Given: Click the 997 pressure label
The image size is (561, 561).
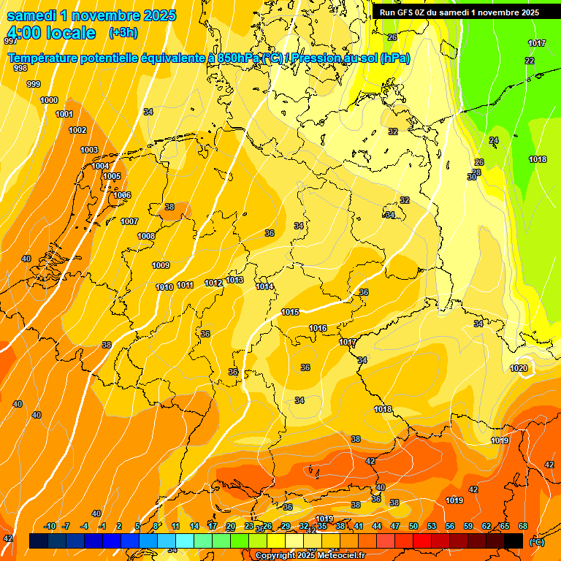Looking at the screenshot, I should (10, 41).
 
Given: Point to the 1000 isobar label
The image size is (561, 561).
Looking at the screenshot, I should (49, 100).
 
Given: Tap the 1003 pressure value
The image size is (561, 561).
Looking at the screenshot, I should (89, 150).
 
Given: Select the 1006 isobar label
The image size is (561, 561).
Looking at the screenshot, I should (122, 195).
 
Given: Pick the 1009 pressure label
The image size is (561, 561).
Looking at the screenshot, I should (161, 265).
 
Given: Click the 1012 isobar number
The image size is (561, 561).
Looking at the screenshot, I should (213, 283).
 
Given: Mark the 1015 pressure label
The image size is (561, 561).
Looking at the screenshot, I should (290, 312).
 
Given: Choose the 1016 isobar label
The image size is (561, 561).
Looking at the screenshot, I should (318, 328).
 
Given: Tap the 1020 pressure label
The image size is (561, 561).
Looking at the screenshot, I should (519, 368).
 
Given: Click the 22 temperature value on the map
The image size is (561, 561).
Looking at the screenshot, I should (530, 61).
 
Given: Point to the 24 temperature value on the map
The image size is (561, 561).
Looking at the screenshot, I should (494, 140).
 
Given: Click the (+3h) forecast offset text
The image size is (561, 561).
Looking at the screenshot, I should (122, 33).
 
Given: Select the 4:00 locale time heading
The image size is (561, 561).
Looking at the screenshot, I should (50, 33).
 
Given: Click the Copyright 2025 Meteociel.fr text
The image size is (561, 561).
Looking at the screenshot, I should (310, 556).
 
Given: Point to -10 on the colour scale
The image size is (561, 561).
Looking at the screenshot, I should (50, 526).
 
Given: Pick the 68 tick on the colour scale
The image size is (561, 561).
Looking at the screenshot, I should (523, 526).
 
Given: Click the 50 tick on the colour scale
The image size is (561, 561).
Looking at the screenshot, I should (413, 526).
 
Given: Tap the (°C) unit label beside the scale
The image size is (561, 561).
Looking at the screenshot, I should (536, 541).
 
